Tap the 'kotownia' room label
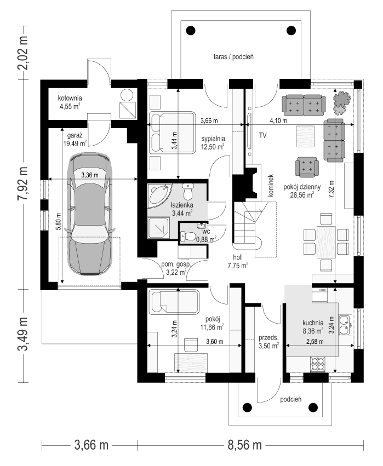[70, 99]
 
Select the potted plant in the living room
[342, 99]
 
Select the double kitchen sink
[345, 325]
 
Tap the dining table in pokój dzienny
[326, 241]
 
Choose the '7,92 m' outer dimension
[23, 183]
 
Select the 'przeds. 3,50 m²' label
[268, 341]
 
